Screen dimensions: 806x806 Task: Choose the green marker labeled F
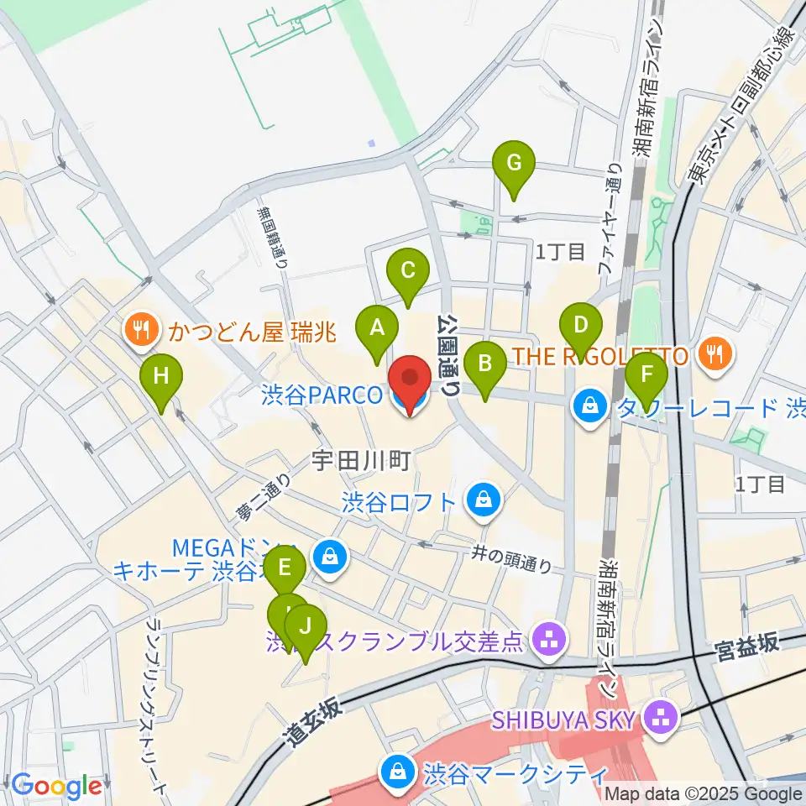coord(646,373)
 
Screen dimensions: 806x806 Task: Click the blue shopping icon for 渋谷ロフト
coord(484,502)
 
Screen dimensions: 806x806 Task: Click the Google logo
coord(56,786)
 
